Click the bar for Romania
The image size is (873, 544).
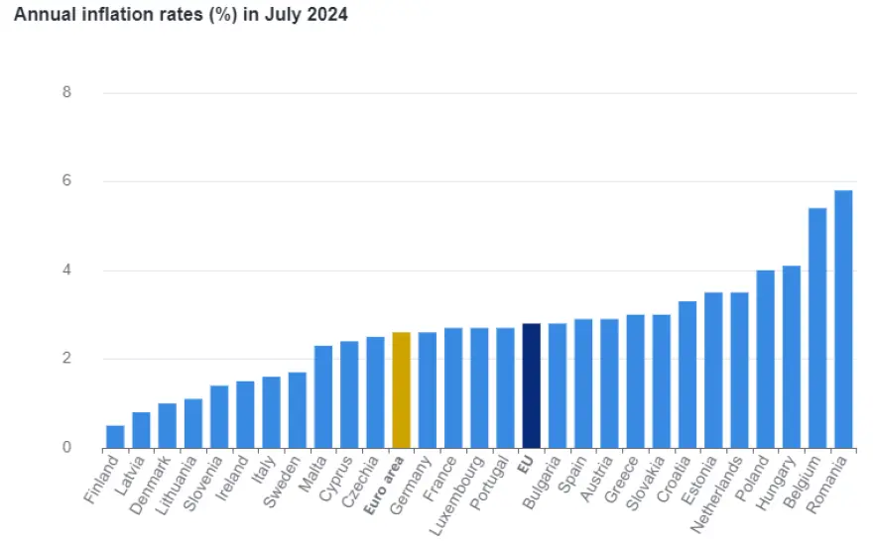843,319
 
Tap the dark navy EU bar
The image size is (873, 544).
531,385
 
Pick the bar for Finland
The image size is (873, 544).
115,436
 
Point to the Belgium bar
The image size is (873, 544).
817,328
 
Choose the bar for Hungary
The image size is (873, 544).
791,357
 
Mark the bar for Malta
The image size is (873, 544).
323,396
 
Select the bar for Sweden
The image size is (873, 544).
297,409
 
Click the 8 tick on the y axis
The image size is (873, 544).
66,93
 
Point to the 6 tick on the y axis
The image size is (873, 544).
66,181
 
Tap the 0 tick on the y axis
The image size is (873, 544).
66,448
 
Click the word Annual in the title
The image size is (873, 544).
43,16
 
